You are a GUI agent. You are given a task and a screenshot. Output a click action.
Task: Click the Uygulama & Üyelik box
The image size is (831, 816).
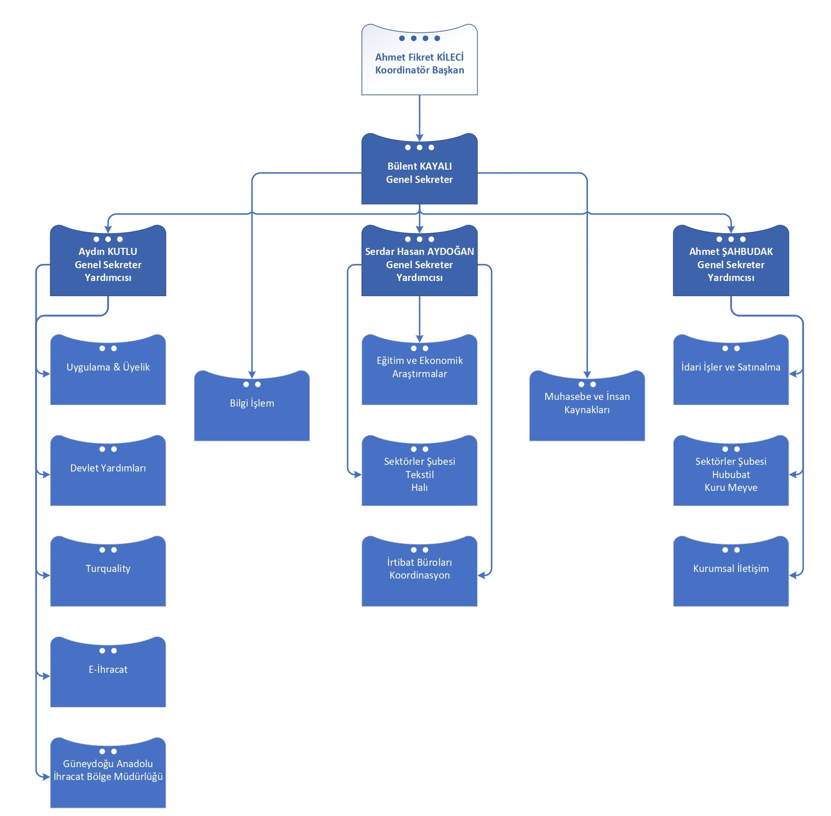pos(108,372)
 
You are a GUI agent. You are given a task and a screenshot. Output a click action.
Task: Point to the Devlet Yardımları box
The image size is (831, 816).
pos(108,473)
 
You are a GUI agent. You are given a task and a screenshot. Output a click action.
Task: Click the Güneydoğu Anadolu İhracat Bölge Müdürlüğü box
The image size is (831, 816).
pos(108,775)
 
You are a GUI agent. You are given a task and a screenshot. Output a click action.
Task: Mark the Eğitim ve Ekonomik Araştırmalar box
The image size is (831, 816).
pos(419,372)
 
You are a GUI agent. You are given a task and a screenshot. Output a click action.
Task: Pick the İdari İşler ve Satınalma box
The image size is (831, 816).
pos(731,372)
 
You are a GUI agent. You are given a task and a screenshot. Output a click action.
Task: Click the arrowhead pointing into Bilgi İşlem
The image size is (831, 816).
pos(252,374)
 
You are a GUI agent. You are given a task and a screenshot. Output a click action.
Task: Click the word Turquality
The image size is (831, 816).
pos(108,569)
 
